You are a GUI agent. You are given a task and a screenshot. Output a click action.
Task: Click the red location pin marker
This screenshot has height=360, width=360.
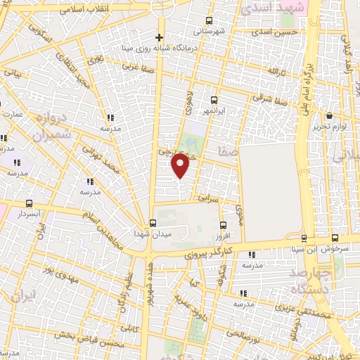181,165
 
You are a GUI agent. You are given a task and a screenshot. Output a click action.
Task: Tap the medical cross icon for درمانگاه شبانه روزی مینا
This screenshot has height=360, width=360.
160,37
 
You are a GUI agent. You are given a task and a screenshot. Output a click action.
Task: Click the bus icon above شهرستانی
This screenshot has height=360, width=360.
209,21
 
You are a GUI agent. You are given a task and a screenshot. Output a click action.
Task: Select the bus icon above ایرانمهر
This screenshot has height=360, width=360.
214,100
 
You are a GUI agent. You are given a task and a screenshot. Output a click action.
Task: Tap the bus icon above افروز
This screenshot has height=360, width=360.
224,226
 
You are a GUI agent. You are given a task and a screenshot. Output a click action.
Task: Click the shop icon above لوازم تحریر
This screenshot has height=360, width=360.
328,116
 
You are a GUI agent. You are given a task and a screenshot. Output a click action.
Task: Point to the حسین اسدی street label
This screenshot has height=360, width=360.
272,32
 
